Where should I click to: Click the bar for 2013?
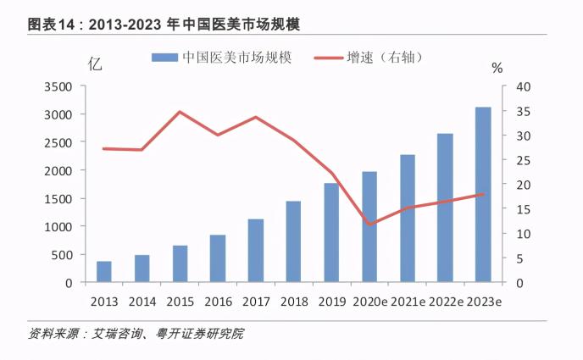[103, 272]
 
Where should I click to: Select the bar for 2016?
[218, 258]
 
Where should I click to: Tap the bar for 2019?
[331, 233]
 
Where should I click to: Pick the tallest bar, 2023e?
[483, 195]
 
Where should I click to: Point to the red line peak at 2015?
[180, 112]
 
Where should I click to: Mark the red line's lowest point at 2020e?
[369, 224]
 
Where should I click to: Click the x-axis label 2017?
[256, 301]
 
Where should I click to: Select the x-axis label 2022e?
[445, 301]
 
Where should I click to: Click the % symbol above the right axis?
[497, 67]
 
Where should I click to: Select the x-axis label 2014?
[142, 301]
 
